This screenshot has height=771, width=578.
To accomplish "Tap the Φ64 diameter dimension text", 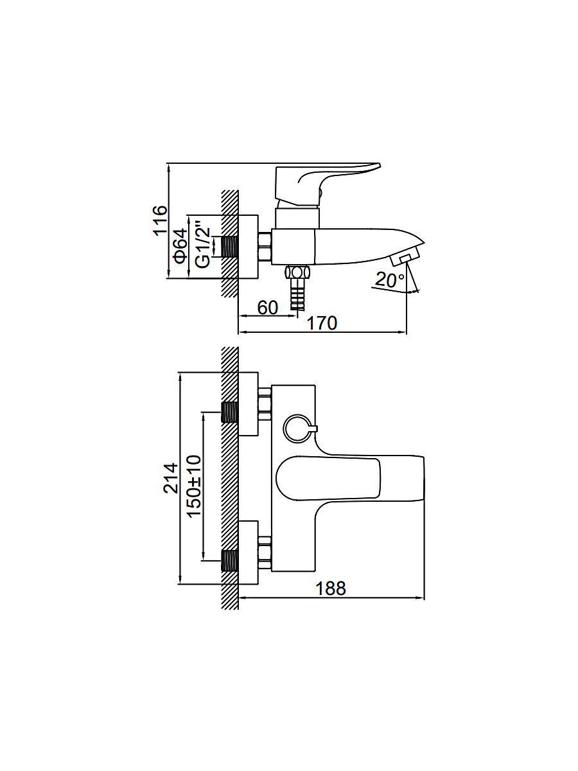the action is pyautogui.click(x=181, y=245).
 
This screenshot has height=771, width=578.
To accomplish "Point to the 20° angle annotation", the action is pyautogui.click(x=390, y=279).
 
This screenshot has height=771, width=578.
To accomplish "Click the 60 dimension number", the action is pyautogui.click(x=268, y=308).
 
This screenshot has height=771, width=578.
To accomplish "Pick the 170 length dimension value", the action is pyautogui.click(x=322, y=323).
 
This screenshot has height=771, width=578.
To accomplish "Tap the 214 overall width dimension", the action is pyautogui.click(x=171, y=479).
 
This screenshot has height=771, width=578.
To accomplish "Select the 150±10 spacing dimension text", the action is pyautogui.click(x=194, y=486).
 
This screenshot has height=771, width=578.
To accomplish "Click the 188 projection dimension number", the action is pyautogui.click(x=331, y=589).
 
